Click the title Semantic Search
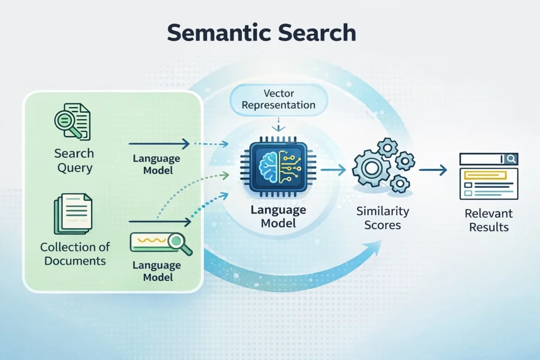pos(262,33)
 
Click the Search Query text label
pos(74,161)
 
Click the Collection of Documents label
pos(75,254)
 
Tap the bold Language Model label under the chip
pos(278,217)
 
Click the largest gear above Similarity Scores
pos(371,168)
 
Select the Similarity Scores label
pos(382,218)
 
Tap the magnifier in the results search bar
pos(510,159)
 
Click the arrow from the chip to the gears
pos(333,169)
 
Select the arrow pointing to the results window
pos(433,170)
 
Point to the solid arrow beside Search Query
pos(158,143)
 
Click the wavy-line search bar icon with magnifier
pos(161,243)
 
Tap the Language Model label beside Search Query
pos(156,164)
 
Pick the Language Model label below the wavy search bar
pos(156,271)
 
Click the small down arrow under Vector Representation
pos(278,127)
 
